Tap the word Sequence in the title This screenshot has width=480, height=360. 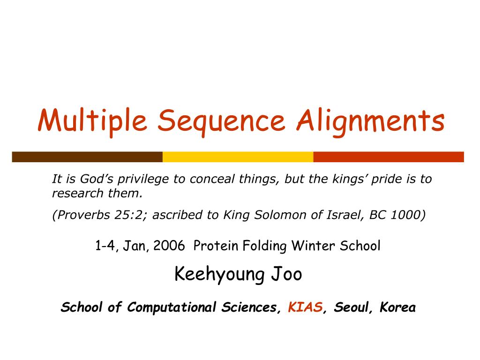click(x=221, y=121)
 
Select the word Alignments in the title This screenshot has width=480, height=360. click(x=370, y=121)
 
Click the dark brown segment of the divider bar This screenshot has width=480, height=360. click(x=87, y=157)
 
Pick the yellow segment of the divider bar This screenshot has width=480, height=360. click(x=238, y=157)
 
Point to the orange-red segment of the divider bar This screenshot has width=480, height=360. click(x=388, y=157)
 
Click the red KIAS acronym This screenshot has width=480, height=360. click(x=305, y=307)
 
